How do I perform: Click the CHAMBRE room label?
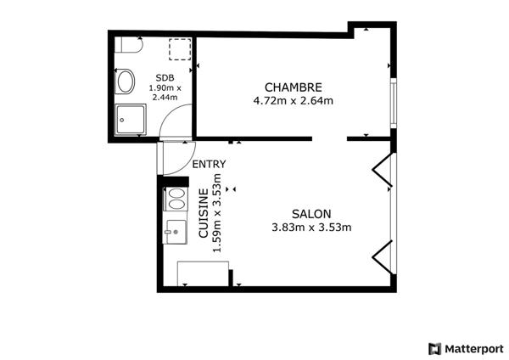pos(293,87)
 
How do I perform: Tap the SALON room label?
pos(311,214)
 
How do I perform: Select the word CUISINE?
pos(204,215)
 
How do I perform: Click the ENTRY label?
pos(209,165)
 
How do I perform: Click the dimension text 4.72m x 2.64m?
pos(293,101)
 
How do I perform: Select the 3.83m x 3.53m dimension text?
pos(311,228)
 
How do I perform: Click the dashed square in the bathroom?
pos(179,49)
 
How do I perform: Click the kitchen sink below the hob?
pos(176,230)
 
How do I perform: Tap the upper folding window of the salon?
pos(383,169)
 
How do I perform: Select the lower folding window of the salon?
pos(383,256)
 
